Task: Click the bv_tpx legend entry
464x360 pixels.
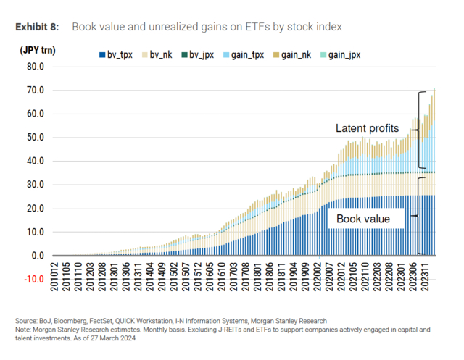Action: tap(115, 54)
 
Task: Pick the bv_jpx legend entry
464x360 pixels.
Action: tap(198, 54)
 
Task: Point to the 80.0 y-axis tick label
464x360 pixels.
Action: tap(36, 67)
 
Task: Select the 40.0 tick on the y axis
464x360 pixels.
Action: tap(36, 161)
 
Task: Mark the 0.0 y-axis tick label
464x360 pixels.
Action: tap(38, 256)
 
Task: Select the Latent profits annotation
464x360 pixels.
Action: tap(367, 128)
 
